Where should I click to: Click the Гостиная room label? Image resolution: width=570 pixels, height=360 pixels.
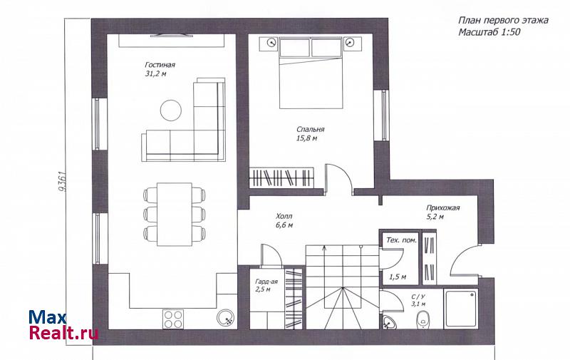click(160, 65)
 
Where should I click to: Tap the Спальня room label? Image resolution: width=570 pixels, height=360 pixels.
click(311, 129)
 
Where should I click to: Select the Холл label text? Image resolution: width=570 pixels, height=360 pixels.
click(284, 217)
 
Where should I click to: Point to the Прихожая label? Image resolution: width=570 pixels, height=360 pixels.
click(442, 208)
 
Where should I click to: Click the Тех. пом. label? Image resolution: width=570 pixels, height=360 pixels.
click(401, 240)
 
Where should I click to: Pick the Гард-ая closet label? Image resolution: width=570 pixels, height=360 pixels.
click(266, 282)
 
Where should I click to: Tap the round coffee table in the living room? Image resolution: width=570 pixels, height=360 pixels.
click(171, 110)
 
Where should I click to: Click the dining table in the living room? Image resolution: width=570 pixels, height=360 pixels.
click(175, 215)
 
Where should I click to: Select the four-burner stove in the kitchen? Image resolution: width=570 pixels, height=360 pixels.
click(173, 319)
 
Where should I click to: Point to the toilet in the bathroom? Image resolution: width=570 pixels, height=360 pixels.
click(423, 319)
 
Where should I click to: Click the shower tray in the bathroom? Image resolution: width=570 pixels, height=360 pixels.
click(461, 309)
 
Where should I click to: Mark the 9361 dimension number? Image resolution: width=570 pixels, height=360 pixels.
click(62, 181)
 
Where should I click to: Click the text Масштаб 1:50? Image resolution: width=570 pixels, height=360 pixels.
click(489, 32)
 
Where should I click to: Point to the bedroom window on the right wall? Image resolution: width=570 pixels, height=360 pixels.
click(383, 115)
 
